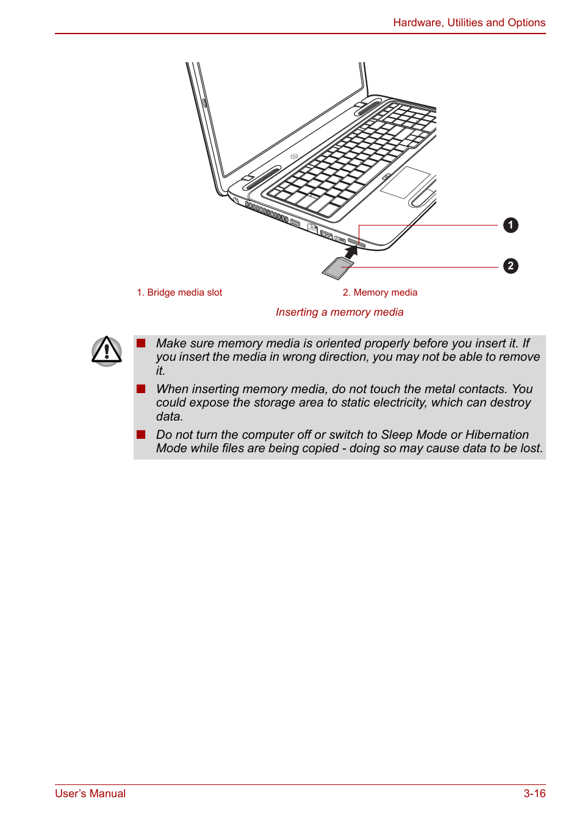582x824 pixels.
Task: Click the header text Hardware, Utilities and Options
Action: (x=469, y=23)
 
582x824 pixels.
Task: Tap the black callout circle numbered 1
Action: (x=511, y=226)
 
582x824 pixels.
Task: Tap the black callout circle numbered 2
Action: (x=511, y=266)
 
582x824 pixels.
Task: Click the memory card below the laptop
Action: (x=337, y=268)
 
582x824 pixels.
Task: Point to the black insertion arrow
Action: (x=351, y=250)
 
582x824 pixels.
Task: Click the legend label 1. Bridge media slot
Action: (x=179, y=293)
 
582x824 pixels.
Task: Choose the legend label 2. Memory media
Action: (x=379, y=293)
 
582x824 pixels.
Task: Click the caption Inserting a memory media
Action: (x=339, y=312)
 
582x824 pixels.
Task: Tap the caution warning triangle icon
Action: (x=107, y=351)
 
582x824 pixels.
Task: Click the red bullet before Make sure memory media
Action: (x=141, y=343)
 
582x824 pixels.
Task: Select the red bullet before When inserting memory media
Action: (x=141, y=389)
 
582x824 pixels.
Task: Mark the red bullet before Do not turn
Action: (x=141, y=435)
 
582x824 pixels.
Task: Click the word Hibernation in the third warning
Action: (x=497, y=435)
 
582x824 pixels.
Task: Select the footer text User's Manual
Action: (x=90, y=794)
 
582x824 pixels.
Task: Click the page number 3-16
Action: (x=534, y=794)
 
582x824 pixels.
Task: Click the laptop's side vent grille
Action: (x=266, y=211)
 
